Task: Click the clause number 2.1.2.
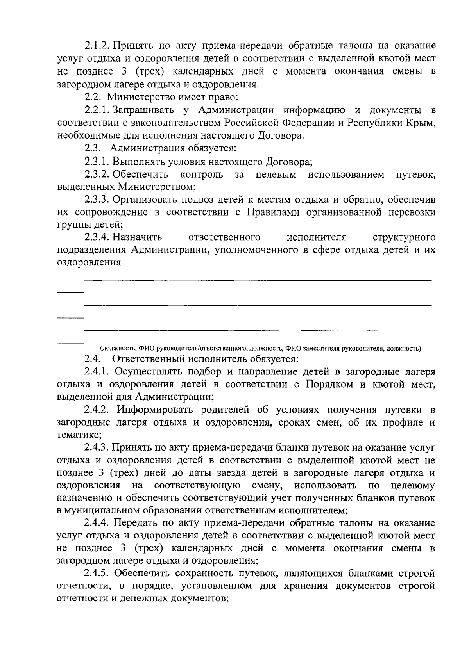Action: [x=97, y=46]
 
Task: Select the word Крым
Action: [x=422, y=123]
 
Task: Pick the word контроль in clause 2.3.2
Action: [x=202, y=174]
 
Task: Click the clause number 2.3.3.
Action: [x=97, y=200]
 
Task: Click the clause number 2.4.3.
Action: [x=97, y=447]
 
